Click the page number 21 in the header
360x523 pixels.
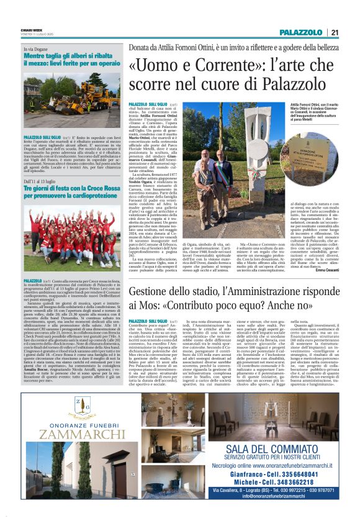coord(334,33)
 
